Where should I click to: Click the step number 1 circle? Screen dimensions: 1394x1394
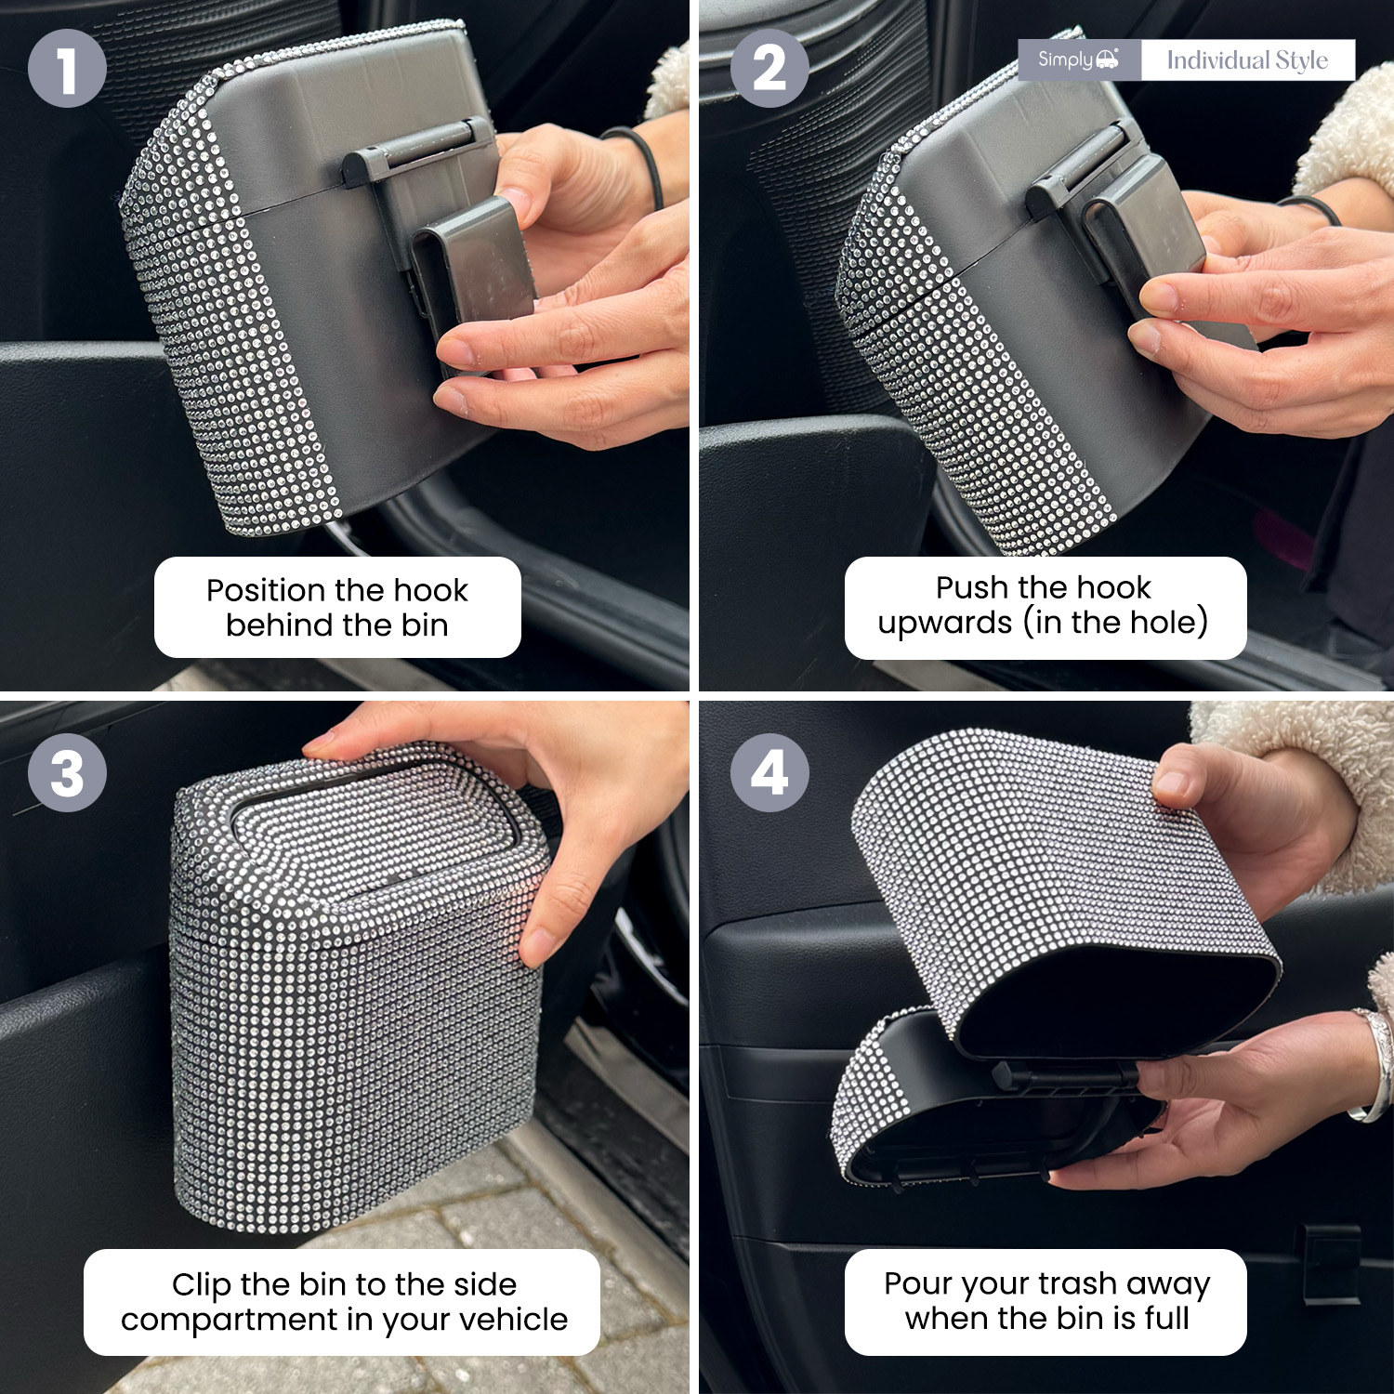click(x=67, y=68)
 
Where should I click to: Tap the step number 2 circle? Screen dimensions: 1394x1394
click(x=769, y=68)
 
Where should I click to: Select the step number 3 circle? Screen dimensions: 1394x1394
click(x=67, y=772)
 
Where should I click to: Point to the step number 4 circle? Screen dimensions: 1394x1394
click(x=769, y=772)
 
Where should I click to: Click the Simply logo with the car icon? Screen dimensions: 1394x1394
click(x=1079, y=59)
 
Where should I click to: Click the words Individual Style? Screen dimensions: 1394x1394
click(x=1247, y=60)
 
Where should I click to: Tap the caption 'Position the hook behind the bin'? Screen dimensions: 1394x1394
click(x=337, y=607)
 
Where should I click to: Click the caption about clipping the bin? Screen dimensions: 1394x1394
click(x=343, y=1302)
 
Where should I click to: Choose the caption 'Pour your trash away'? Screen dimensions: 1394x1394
click(x=1045, y=1301)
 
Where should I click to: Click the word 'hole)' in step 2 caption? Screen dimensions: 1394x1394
click(x=1166, y=623)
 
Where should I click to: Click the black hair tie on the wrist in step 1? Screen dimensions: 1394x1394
click(x=640, y=163)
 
